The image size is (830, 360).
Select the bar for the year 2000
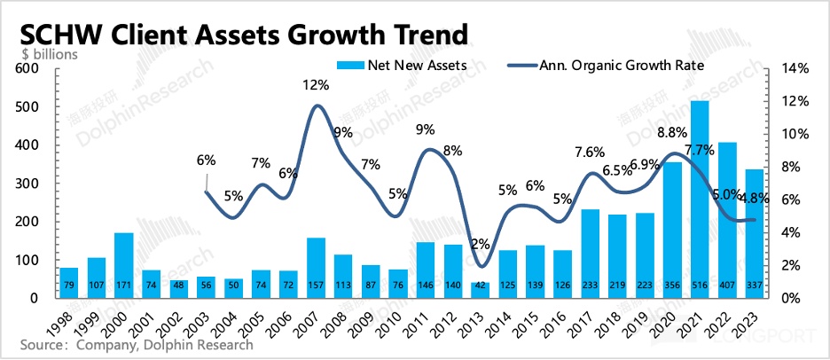pos(124,265)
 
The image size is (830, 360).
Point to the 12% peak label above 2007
pos(316,86)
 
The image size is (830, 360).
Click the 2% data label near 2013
pos(480,243)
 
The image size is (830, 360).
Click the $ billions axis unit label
pos(50,53)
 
